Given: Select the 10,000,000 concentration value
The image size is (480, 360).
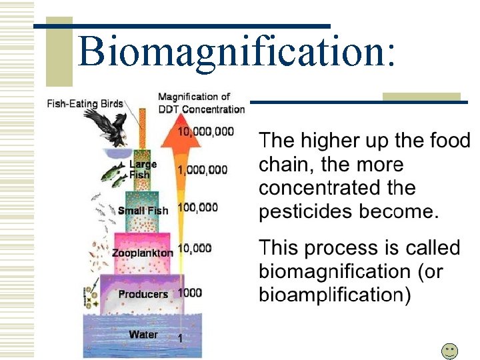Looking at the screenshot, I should tap(205, 131).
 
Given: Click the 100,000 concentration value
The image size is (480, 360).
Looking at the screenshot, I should tap(197, 208).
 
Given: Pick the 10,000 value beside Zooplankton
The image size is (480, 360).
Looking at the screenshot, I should tap(195, 249).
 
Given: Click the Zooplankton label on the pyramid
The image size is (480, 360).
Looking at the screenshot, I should tap(142, 253).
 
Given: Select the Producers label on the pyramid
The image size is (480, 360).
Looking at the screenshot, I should tap(143, 294).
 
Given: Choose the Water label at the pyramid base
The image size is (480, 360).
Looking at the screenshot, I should tap(143, 334).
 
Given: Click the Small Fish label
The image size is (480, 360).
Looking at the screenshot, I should tap(143, 211).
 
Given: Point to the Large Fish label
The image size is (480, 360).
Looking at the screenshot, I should tap(143, 169).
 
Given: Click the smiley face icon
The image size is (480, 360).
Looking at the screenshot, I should tap(450, 351).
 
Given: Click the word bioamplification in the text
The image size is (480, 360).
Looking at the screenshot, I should tap(331, 295).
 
